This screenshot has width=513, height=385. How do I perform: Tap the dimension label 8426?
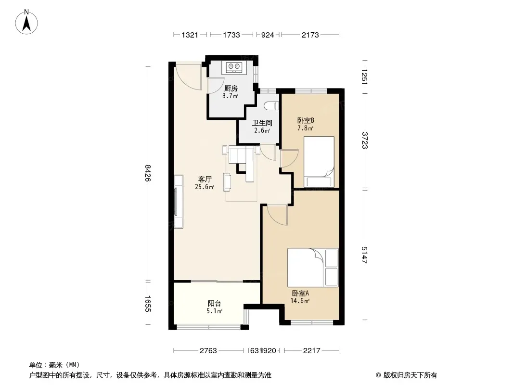[x=148, y=173]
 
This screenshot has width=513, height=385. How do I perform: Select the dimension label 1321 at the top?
[x=190, y=35]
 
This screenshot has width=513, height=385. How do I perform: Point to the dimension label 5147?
[x=365, y=255]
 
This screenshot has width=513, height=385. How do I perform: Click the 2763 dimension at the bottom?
[x=208, y=351]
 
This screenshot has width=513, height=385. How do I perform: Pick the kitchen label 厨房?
[x=231, y=89]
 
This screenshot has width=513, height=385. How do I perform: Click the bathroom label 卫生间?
[x=262, y=123]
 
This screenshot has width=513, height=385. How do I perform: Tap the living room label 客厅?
[x=205, y=179]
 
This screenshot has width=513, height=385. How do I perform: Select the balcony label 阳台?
[x=214, y=304]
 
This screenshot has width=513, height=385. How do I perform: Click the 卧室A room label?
[x=300, y=294]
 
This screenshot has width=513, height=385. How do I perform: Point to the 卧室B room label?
[x=306, y=121]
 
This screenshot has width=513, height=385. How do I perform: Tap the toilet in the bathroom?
[x=271, y=106]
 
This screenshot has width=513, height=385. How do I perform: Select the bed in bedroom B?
[x=319, y=162]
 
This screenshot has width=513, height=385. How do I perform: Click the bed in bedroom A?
[x=313, y=268]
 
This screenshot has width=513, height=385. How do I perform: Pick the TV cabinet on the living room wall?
[x=179, y=202]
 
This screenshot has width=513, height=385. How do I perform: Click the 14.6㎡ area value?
[x=300, y=301]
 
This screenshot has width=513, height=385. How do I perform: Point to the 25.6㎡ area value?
[x=205, y=187]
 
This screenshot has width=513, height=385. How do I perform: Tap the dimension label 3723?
[x=365, y=141]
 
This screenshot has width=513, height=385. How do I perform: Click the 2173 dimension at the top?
[x=310, y=35]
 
